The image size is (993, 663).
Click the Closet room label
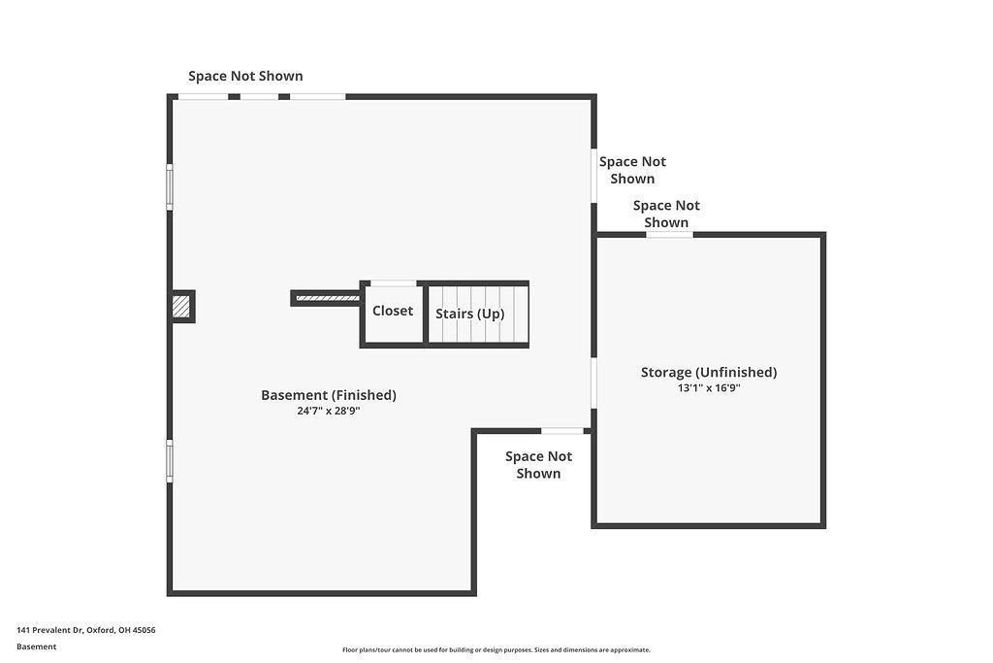(x=392, y=311)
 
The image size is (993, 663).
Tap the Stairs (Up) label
(x=470, y=314)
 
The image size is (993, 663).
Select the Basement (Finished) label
(x=329, y=395)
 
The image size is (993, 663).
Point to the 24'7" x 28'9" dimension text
(x=329, y=411)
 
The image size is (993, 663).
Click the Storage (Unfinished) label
(x=709, y=372)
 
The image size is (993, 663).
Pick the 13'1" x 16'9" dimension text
(x=709, y=388)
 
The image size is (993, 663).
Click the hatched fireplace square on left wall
(x=181, y=306)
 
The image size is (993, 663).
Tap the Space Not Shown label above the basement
(x=245, y=76)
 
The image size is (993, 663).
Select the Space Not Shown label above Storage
(x=666, y=214)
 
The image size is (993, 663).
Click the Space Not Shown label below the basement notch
(x=538, y=465)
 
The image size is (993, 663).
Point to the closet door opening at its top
(x=394, y=283)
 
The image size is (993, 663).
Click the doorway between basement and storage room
(x=594, y=382)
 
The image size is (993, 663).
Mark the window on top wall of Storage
(x=669, y=235)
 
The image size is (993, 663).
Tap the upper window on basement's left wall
(x=170, y=187)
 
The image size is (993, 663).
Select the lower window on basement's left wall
(x=170, y=461)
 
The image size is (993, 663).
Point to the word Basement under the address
(x=36, y=646)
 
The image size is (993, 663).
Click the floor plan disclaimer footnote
(x=496, y=649)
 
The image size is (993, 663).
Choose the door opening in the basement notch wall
(x=562, y=431)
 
